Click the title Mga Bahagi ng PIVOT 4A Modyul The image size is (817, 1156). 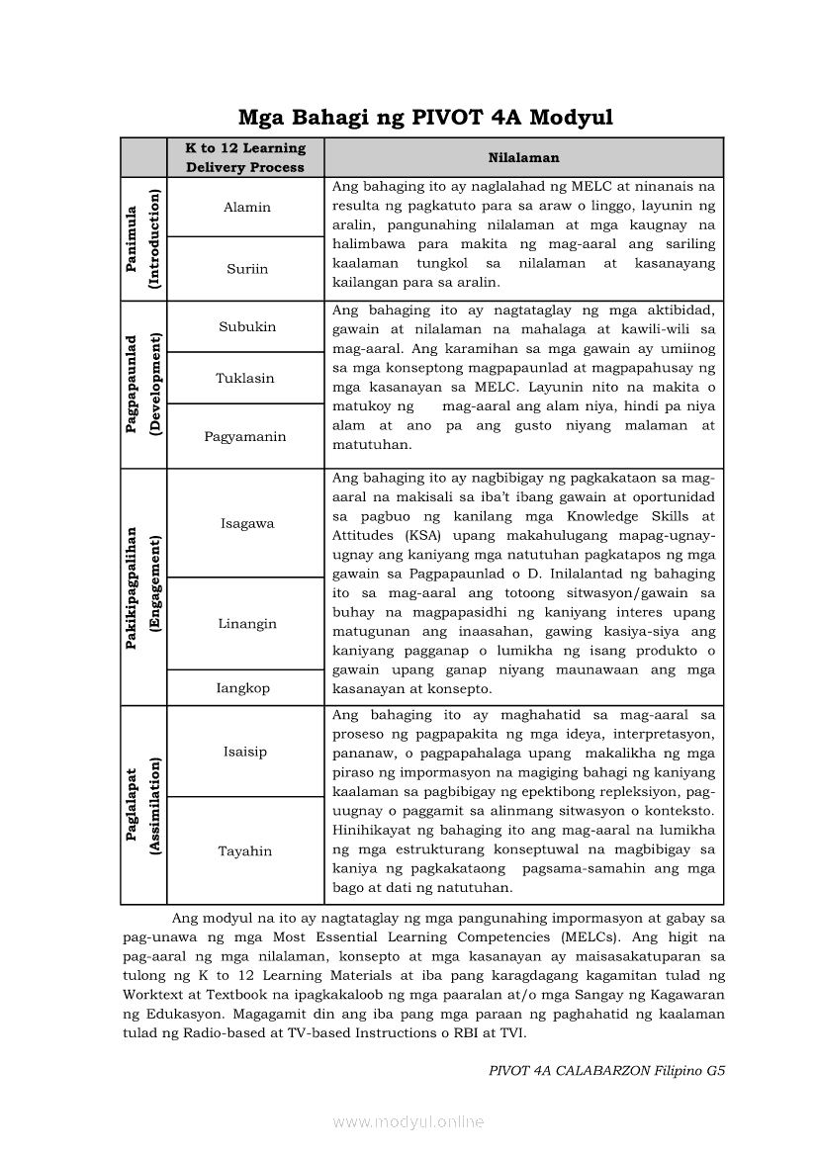[425, 118]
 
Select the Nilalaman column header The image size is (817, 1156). [523, 157]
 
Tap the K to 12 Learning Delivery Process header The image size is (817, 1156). [245, 157]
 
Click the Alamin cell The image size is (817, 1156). [246, 207]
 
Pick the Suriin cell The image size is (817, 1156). [246, 268]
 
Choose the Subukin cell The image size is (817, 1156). [246, 326]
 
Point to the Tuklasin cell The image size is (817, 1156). [245, 378]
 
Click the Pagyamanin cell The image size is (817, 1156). [245, 436]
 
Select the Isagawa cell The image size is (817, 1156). [246, 523]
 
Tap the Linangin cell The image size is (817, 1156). [246, 623]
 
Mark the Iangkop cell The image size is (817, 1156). [243, 687]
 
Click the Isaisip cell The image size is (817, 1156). [244, 751]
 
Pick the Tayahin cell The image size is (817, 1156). [244, 850]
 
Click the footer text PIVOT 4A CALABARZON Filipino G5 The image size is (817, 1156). [607, 1070]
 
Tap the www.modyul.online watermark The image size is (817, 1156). [408, 1121]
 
